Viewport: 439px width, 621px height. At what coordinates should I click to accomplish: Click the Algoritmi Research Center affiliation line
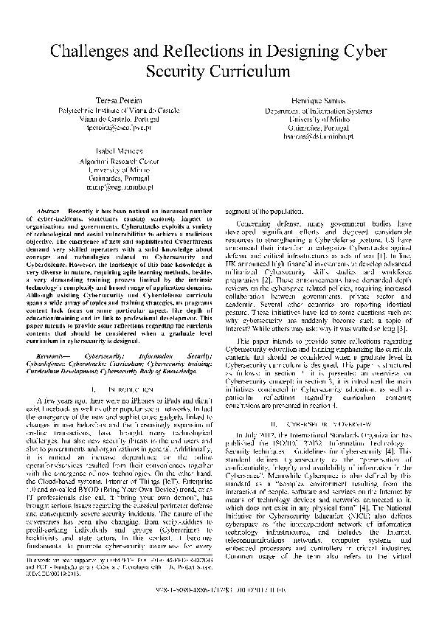[x=118, y=159]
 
